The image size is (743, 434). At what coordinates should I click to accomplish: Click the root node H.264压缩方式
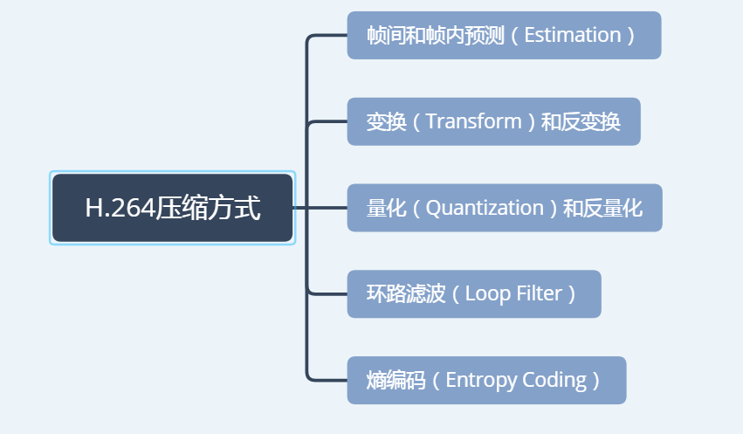pyautogui.click(x=172, y=208)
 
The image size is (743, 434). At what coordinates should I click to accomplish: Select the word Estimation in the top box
pyautogui.click(x=572, y=36)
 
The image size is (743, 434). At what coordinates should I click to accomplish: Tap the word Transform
pyautogui.click(x=472, y=122)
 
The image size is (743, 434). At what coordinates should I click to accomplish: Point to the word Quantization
pyautogui.click(x=485, y=208)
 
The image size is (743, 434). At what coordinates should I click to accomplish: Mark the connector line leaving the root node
pyautogui.click(x=300, y=208)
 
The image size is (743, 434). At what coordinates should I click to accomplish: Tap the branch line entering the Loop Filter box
pyautogui.click(x=328, y=293)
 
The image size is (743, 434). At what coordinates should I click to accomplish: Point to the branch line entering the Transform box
pyautogui.click(x=328, y=122)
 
